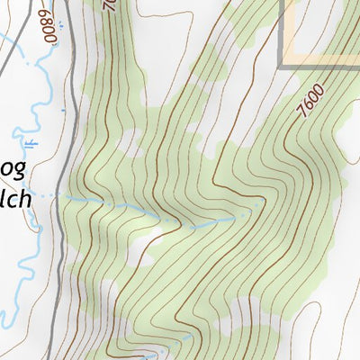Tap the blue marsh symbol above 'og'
point(32,144)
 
